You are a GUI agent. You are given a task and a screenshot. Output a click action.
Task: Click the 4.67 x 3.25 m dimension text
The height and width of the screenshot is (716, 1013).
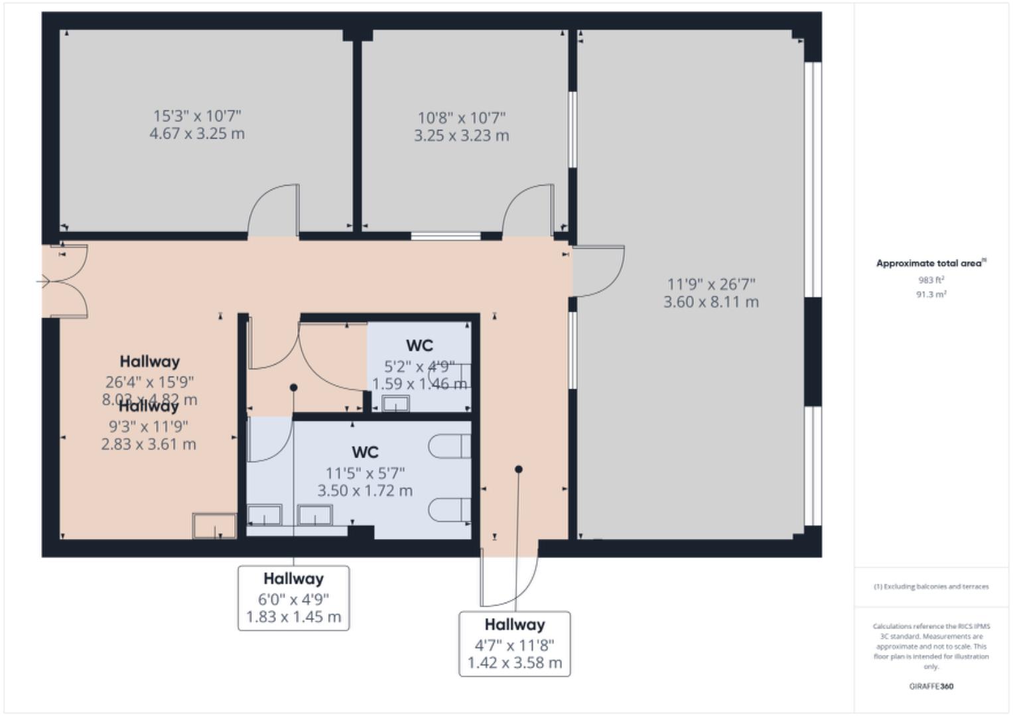[x=197, y=134]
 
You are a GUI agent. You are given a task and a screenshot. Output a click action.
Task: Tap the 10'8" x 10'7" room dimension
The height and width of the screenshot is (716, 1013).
[x=461, y=118]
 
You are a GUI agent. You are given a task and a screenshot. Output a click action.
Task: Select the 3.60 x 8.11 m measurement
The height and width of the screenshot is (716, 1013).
[x=710, y=302]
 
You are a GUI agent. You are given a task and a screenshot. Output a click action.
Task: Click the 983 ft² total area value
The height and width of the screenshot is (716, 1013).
[x=931, y=280]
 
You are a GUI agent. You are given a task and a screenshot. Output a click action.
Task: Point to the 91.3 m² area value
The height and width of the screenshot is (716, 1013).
[x=931, y=294]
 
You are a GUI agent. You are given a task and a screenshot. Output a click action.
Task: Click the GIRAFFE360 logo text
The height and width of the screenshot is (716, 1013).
[x=931, y=687]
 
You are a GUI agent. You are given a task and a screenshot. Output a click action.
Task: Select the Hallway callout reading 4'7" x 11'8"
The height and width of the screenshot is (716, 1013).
[x=514, y=643]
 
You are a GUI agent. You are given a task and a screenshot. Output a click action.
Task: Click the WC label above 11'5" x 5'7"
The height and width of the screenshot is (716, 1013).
[x=365, y=453]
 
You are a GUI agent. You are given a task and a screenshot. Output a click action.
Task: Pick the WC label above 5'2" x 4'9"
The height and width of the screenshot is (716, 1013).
[x=419, y=346]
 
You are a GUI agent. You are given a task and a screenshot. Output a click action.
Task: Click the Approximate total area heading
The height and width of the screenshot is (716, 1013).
[x=930, y=264]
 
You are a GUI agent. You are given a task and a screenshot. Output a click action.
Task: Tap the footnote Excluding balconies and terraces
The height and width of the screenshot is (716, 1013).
[x=931, y=587]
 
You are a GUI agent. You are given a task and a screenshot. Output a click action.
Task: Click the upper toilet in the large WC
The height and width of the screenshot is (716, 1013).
[x=449, y=446]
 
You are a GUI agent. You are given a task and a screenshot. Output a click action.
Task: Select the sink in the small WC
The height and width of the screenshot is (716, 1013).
[x=396, y=403]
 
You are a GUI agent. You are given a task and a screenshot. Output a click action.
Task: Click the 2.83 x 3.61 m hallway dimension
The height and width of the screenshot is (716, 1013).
[x=149, y=444]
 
